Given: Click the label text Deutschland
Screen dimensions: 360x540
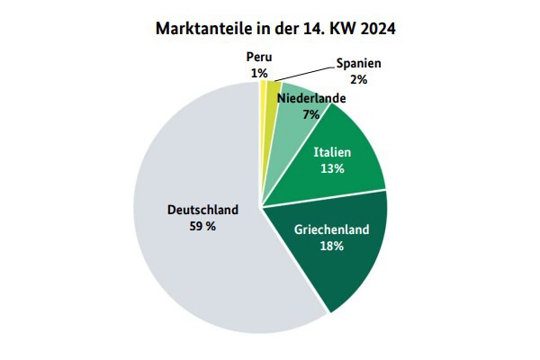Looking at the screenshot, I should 202,210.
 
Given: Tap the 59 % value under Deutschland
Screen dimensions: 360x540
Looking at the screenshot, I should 203,226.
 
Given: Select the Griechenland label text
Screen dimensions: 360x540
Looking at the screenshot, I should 331,229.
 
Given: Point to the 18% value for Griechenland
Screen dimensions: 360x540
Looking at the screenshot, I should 331,246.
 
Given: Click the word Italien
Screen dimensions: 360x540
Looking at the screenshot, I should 331,153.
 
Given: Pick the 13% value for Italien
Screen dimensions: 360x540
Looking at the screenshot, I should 331,169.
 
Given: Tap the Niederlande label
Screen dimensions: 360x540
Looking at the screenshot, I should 311,98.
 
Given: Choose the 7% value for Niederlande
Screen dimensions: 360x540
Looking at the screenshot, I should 311,114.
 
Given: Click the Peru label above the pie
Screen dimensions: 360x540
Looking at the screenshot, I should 259,57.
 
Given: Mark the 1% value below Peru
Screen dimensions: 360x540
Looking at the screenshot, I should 259,72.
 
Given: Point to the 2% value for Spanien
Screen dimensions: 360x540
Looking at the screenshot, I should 359,79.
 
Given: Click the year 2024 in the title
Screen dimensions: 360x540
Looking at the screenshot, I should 374,28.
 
